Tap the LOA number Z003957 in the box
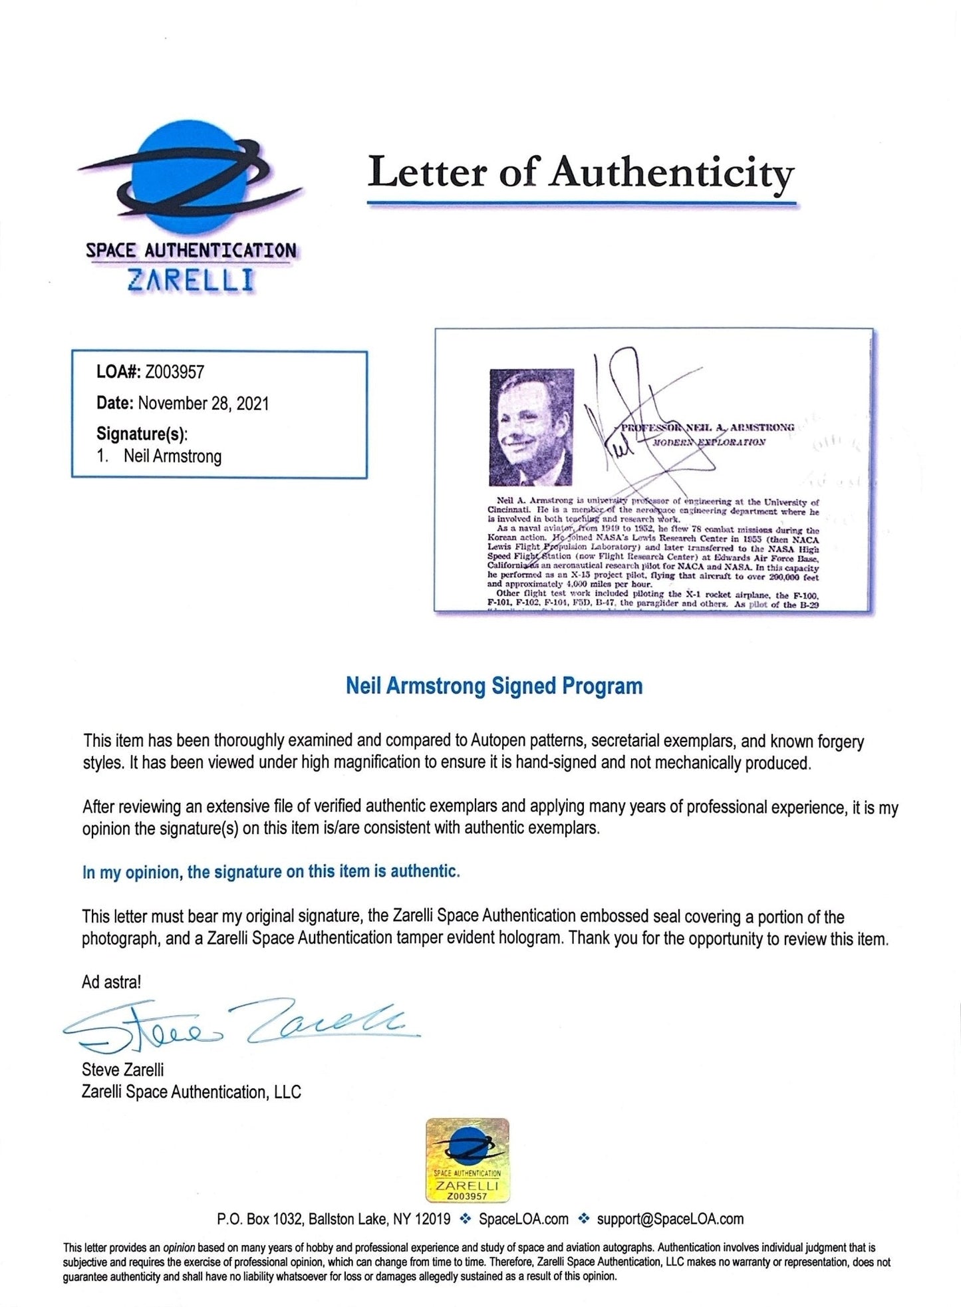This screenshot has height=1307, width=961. click(174, 372)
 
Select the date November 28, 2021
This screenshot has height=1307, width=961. click(203, 404)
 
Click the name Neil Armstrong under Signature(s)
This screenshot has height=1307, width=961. click(172, 457)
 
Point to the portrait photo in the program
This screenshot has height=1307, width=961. click(531, 427)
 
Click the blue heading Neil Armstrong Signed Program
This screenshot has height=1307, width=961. click(494, 686)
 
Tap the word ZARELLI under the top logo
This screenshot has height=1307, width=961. click(190, 281)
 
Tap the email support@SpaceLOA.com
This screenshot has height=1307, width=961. click(670, 1219)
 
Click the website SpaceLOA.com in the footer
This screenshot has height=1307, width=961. click(523, 1219)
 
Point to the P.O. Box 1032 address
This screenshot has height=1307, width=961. click(333, 1219)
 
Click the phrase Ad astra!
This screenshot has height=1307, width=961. click(111, 982)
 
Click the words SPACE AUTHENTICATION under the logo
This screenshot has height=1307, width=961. click(191, 251)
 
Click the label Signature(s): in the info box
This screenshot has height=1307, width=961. click(142, 434)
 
